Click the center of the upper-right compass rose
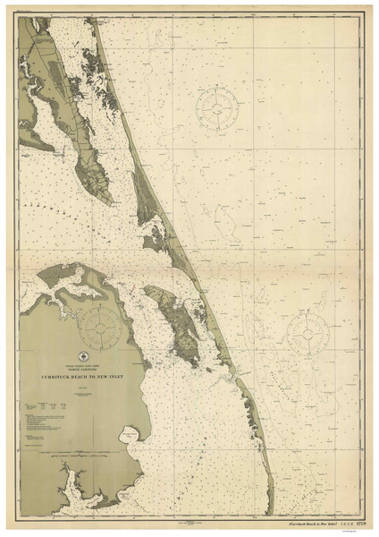pyautogui.click(x=215, y=108)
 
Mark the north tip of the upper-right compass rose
pyautogui.click(x=215, y=87)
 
